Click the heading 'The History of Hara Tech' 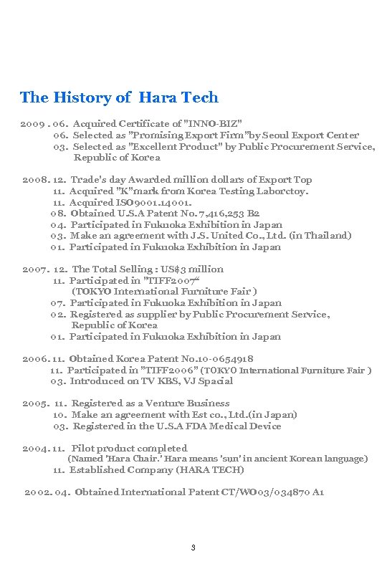[x=119, y=97]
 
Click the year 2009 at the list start [x=32, y=124]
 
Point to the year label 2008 [x=36, y=179]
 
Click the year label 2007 [x=35, y=269]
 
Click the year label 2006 [x=35, y=359]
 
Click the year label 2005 [x=35, y=403]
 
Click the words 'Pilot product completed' [x=130, y=449]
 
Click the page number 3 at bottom [x=193, y=548]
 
